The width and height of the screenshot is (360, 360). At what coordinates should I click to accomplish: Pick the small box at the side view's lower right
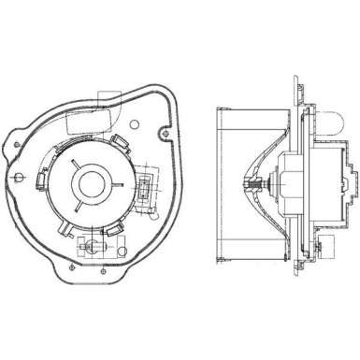(x=319, y=249)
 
